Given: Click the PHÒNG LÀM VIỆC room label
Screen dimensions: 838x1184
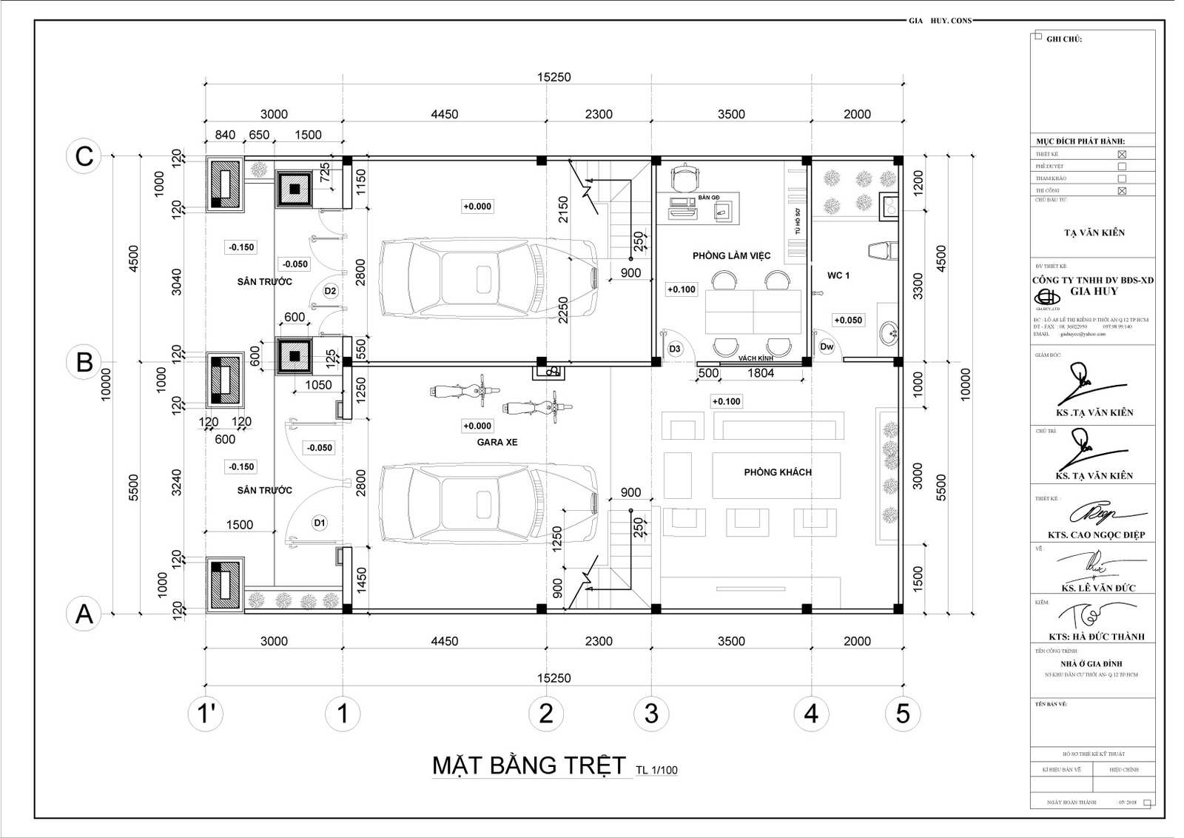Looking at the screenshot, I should tap(731, 255).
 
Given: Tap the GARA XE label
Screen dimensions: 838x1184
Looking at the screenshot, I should tap(497, 442).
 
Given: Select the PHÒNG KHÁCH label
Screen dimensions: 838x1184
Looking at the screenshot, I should tap(777, 472).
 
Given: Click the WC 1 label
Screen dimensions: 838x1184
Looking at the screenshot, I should tap(838, 275).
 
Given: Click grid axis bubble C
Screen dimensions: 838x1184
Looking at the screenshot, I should tap(84, 157).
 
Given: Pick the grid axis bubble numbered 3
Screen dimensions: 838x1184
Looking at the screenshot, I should tap(651, 714).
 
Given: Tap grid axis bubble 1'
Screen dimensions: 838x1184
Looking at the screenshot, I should tap(205, 714).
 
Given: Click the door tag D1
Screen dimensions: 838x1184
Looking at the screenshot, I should tap(320, 523).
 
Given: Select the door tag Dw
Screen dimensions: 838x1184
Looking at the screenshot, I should tap(827, 346).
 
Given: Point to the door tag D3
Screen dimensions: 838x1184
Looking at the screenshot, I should tap(674, 348).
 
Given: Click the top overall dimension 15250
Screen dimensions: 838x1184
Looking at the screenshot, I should tap(554, 77).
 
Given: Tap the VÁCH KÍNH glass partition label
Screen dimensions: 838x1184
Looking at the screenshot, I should tap(756, 358).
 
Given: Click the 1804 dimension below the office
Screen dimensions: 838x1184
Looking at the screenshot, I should tap(760, 373).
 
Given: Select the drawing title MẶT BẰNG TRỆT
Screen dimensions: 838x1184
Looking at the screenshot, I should tap(528, 765).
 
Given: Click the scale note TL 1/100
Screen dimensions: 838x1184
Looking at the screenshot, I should tap(656, 770).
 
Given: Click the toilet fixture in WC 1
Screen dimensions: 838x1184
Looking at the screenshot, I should tap(883, 250).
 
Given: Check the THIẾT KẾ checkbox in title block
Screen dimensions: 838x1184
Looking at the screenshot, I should tap(1122, 155).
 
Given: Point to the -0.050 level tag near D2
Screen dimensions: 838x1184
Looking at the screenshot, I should tap(295, 264).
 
